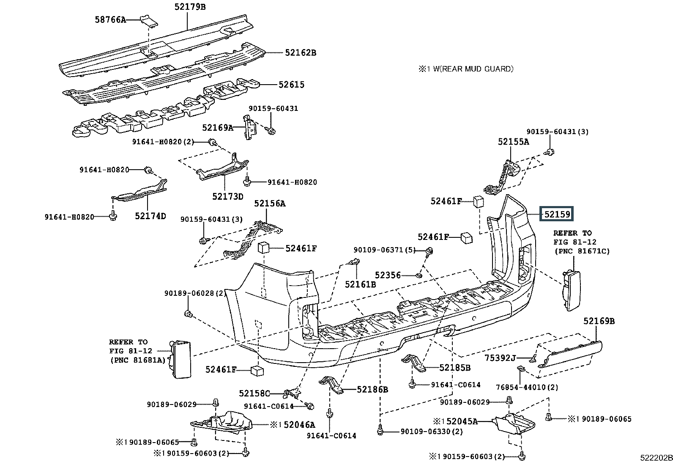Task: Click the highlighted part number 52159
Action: click(557, 214)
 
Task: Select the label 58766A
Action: click(110, 19)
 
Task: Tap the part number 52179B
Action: click(190, 7)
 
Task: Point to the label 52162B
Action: click(300, 52)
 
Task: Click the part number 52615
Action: click(291, 84)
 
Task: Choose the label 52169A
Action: click(217, 127)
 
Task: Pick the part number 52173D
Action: click(228, 196)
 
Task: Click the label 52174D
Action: click(150, 216)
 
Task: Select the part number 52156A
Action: click(270, 204)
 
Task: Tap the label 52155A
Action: click(513, 142)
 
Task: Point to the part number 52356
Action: click(388, 275)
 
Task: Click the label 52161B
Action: click(360, 284)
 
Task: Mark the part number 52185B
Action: click(455, 368)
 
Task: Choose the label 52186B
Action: click(372, 389)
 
